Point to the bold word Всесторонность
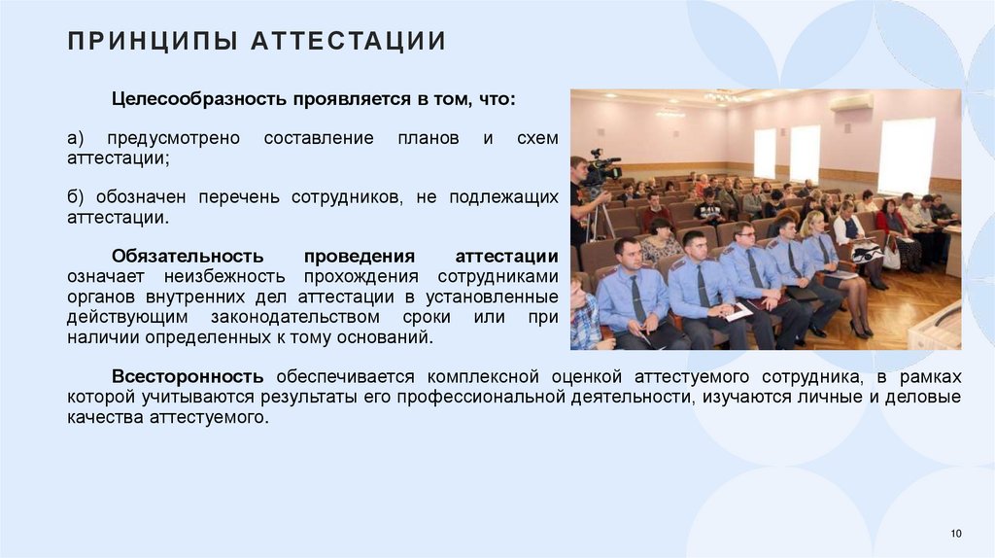[x=187, y=376]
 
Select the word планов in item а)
[x=428, y=138]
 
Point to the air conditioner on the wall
[x=851, y=102]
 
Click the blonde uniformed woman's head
[x=811, y=225]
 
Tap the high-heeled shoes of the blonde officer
[x=860, y=330]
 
